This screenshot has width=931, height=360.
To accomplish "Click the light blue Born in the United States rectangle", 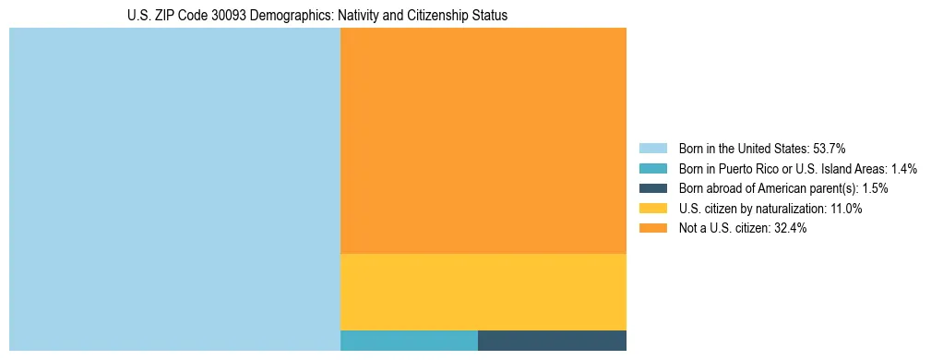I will pyautogui.click(x=174, y=189).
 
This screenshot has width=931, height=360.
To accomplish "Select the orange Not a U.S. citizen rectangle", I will pyautogui.click(x=483, y=140).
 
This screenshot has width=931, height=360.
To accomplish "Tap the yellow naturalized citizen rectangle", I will pyautogui.click(x=483, y=292).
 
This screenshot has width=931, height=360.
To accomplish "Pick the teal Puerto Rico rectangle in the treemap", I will pyautogui.click(x=409, y=340).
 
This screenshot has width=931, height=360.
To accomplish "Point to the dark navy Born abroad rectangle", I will pyautogui.click(x=552, y=340).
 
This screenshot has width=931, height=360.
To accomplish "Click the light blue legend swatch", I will pyautogui.click(x=652, y=148).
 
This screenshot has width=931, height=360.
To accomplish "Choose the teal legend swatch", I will pyautogui.click(x=652, y=168).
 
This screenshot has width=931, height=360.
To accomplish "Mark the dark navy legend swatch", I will pyautogui.click(x=652, y=188).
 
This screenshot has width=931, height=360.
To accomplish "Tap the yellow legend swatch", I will pyautogui.click(x=652, y=209).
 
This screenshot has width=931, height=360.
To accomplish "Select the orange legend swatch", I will pyautogui.click(x=652, y=229).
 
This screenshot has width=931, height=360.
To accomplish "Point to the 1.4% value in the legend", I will pyautogui.click(x=904, y=168).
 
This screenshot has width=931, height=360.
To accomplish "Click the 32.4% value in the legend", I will pyautogui.click(x=790, y=229).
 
